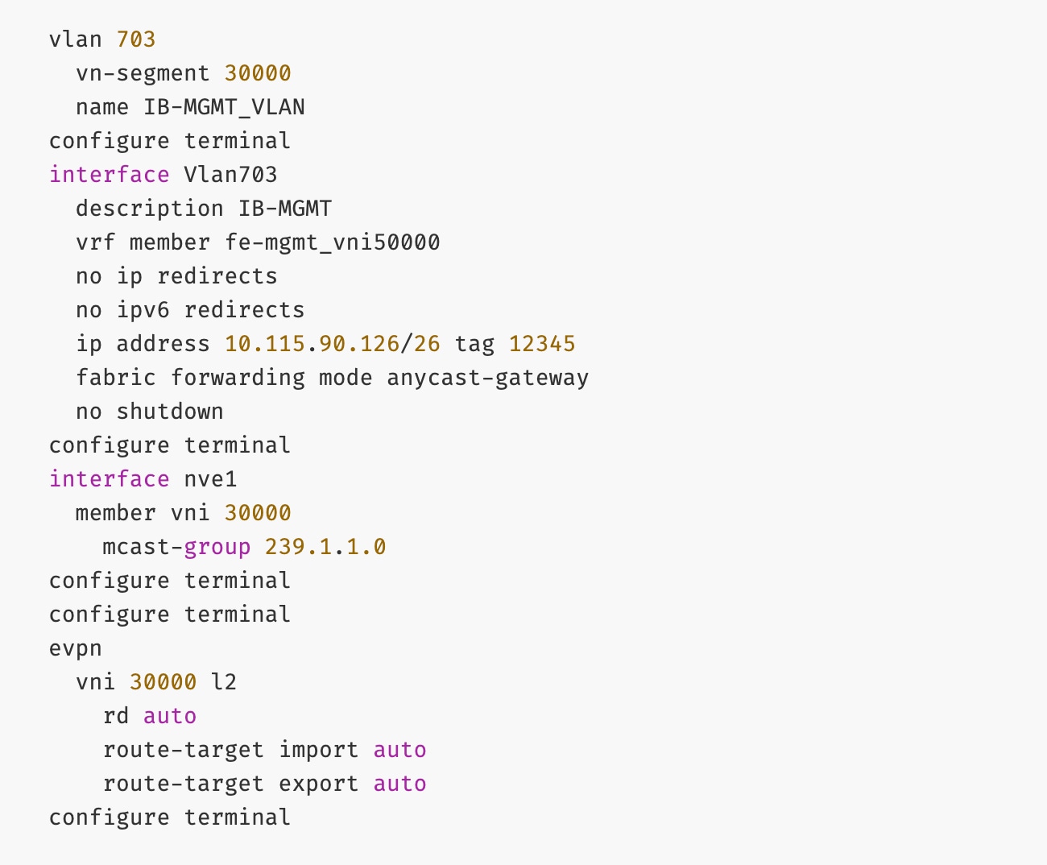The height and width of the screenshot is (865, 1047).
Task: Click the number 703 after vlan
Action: (x=136, y=39)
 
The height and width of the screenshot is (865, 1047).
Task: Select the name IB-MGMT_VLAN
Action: (x=224, y=107)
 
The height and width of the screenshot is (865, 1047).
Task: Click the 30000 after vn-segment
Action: (x=258, y=73)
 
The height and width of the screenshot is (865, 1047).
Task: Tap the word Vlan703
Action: (x=230, y=175)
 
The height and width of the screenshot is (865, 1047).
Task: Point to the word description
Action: (x=149, y=209)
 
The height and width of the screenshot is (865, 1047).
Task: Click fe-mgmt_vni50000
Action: (x=332, y=242)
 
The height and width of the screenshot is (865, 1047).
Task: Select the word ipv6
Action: (x=143, y=310)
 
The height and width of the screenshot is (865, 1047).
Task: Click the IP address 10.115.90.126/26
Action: (x=332, y=344)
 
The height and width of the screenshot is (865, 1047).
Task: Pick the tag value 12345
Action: (x=542, y=344)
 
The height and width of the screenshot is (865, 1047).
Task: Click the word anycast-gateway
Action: (x=487, y=378)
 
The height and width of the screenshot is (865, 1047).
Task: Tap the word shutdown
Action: (x=170, y=412)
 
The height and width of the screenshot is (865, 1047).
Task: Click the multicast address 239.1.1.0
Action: (x=325, y=547)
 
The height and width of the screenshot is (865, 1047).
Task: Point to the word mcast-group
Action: (x=176, y=547)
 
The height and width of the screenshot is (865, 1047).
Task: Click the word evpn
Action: (x=76, y=648)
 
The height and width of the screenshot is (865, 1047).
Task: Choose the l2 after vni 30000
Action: (x=224, y=682)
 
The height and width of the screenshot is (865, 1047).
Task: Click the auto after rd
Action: (x=170, y=716)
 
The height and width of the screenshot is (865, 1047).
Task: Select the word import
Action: (x=318, y=750)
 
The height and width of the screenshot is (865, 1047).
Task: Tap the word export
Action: (x=318, y=784)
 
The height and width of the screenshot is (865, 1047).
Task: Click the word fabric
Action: (x=116, y=378)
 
